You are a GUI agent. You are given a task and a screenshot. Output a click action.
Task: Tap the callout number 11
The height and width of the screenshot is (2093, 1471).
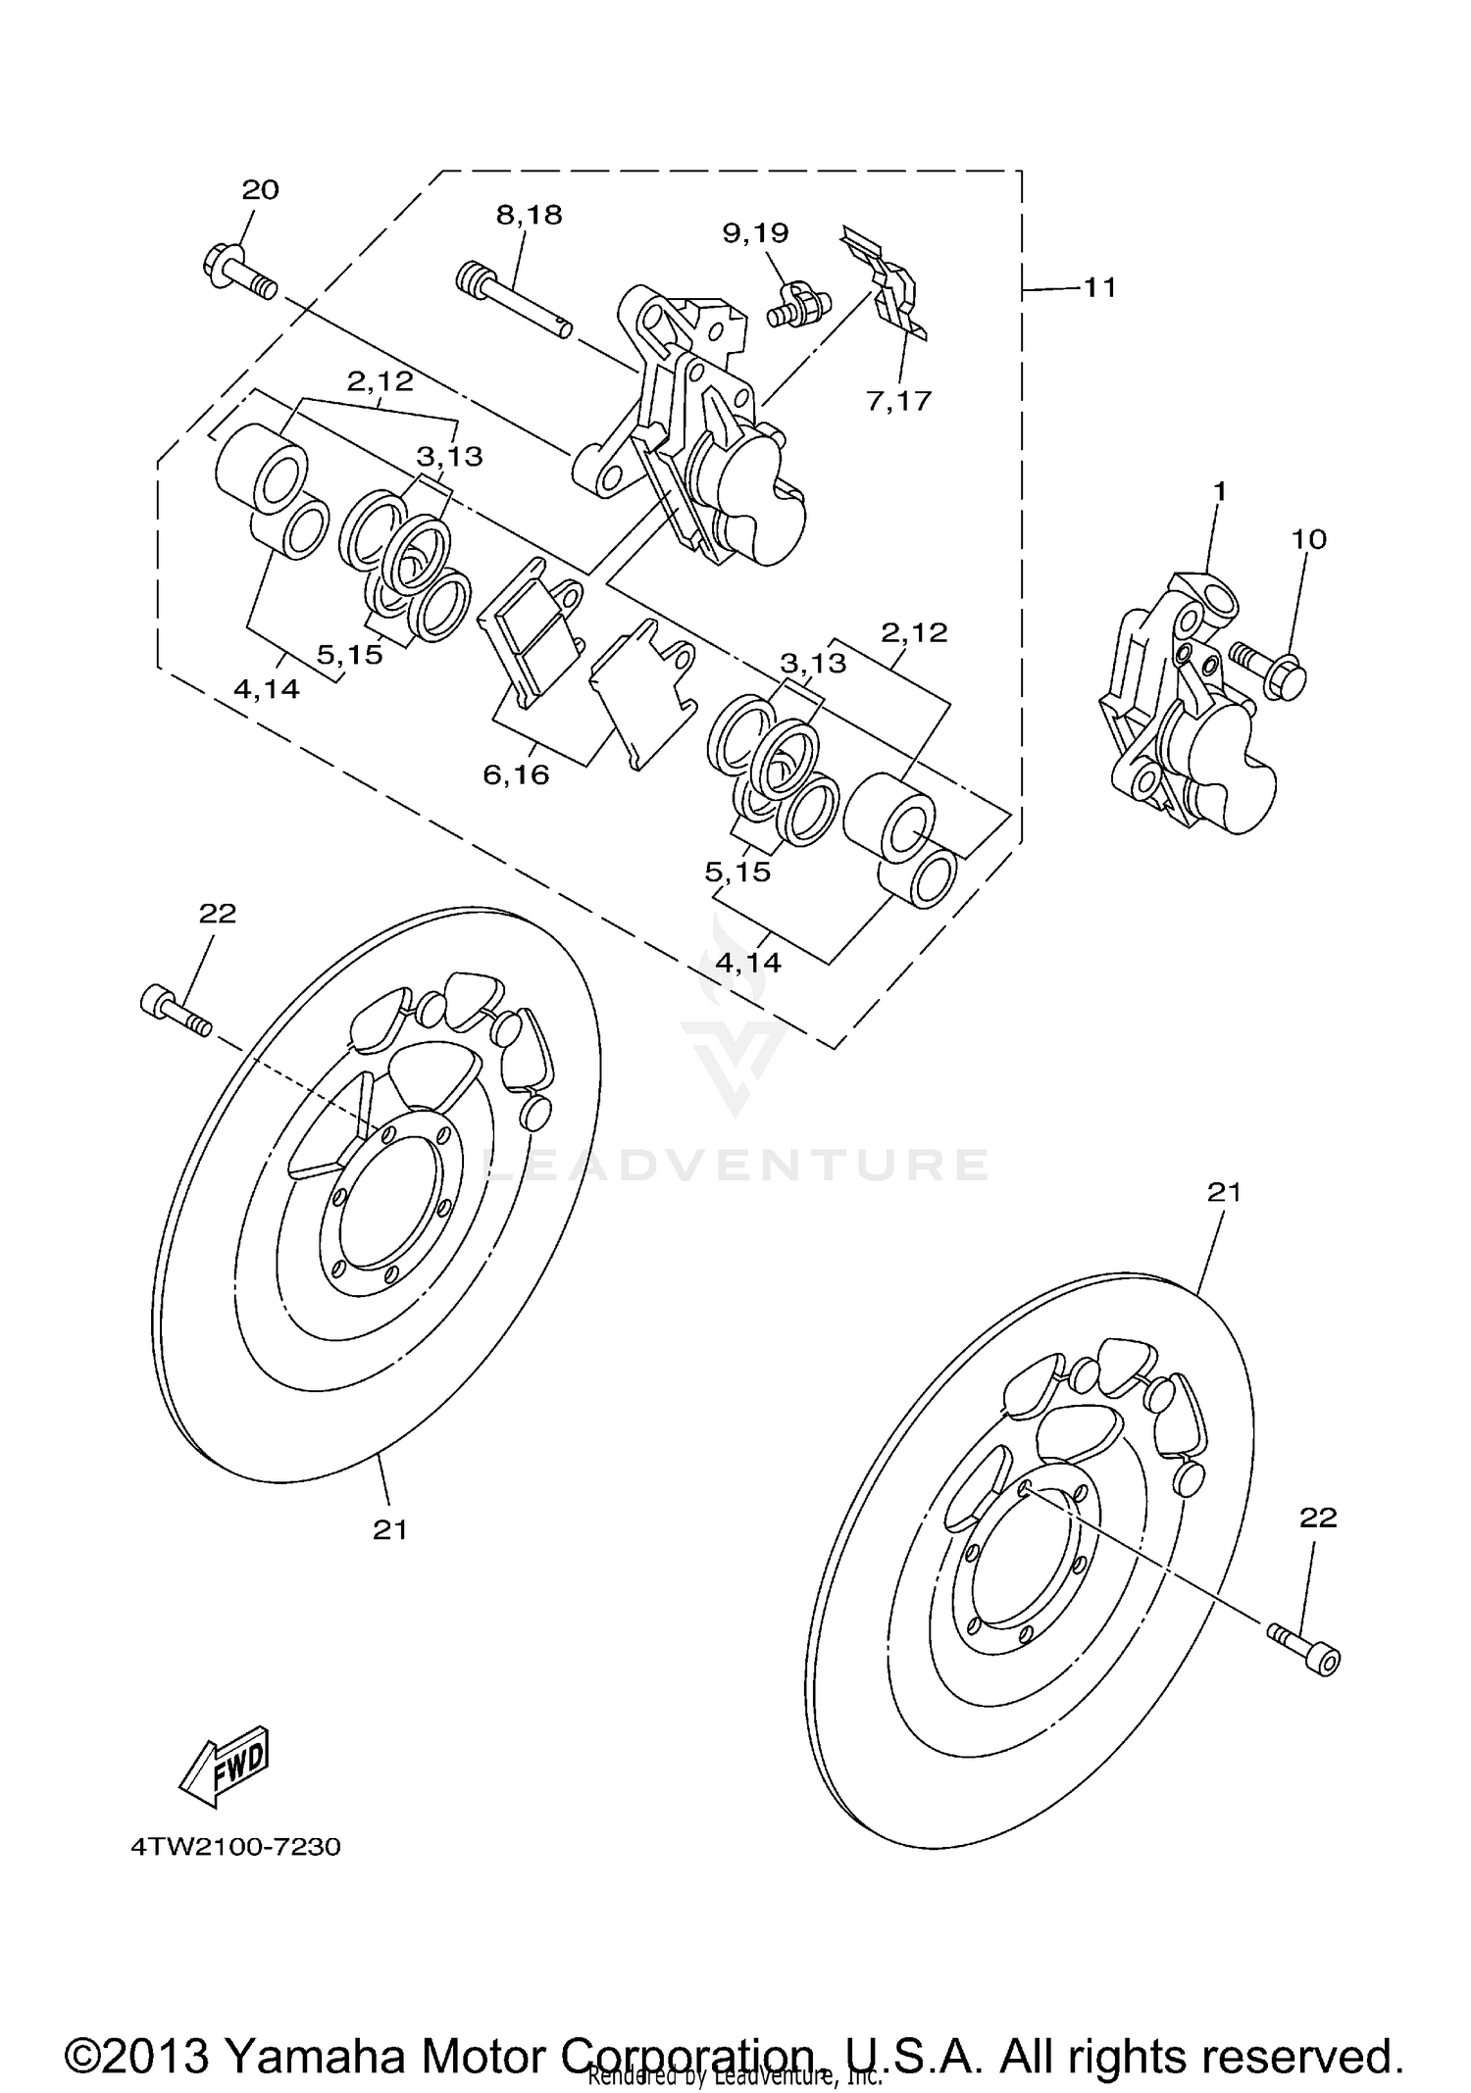(x=1099, y=288)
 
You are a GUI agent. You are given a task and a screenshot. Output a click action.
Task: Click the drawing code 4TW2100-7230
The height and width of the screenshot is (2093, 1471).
(x=235, y=1847)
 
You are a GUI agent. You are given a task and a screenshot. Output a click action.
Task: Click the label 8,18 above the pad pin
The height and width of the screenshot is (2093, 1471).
(x=529, y=216)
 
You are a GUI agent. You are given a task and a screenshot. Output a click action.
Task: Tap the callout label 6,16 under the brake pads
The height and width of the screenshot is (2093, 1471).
(x=516, y=775)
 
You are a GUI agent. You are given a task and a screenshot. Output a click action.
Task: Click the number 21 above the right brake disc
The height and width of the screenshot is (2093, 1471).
(x=1224, y=1192)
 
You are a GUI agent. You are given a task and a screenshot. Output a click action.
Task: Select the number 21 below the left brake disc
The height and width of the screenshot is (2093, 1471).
(x=390, y=1529)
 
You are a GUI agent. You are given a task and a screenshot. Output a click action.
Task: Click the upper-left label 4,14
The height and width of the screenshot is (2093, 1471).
(x=266, y=689)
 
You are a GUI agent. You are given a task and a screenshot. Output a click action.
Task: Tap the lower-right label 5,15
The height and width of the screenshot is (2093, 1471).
(x=737, y=872)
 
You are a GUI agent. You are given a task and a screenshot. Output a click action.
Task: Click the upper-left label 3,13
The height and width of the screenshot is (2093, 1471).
(x=449, y=456)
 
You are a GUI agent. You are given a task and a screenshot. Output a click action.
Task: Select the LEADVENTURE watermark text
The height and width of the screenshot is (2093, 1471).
(x=735, y=1165)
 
